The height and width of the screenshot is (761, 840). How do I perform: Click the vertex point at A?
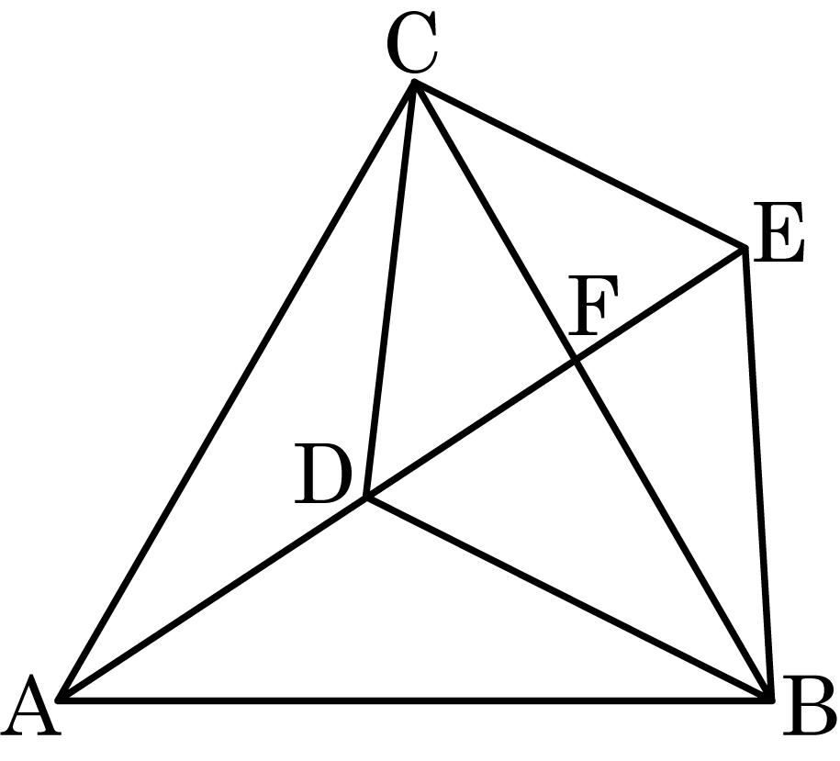pos(61,699)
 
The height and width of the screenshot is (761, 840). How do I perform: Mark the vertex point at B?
pos(770,699)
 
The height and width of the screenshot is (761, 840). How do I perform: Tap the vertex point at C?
pos(414,83)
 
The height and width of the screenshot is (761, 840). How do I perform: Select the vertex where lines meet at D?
pos(367,498)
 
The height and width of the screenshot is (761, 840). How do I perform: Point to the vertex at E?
pos(744,248)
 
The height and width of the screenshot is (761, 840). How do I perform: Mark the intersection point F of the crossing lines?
pos(576,360)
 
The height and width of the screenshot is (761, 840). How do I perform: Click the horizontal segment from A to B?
pos(413,699)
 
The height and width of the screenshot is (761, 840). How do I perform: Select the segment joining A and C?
pos(237,391)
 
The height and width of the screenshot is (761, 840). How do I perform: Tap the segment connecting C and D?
pos(391,289)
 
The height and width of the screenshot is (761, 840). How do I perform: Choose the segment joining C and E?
pos(578,165)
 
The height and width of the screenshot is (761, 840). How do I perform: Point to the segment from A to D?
pos(214,599)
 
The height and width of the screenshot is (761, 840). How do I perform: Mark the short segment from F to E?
pos(659,304)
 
